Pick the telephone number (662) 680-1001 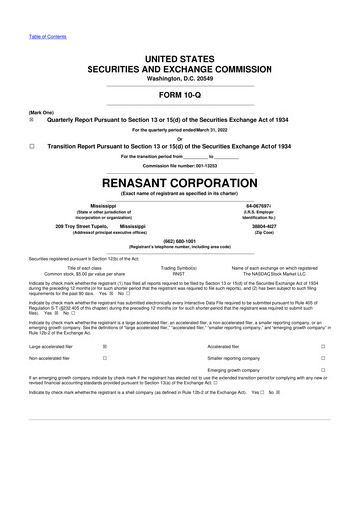pyautogui.click(x=180, y=240)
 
